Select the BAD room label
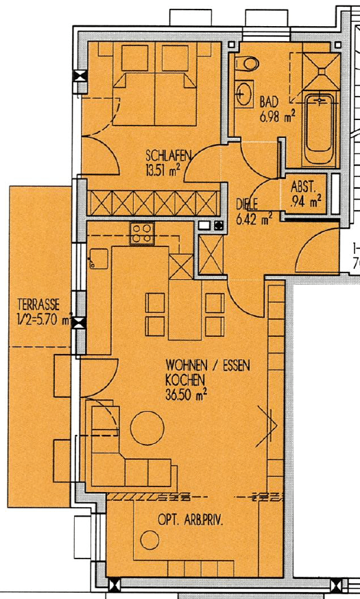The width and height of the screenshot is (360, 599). [268, 103]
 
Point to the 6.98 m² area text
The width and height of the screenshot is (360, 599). [277, 117]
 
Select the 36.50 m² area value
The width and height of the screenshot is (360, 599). [187, 395]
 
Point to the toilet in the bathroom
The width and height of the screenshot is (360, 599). [248, 63]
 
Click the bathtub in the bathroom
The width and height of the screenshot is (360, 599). [319, 130]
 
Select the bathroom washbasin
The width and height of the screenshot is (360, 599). [242, 94]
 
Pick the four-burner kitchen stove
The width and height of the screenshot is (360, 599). [142, 233]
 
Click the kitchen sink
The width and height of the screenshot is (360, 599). [98, 259]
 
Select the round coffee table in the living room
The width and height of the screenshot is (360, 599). [147, 427]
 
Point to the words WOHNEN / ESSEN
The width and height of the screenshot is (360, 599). [208, 366]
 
